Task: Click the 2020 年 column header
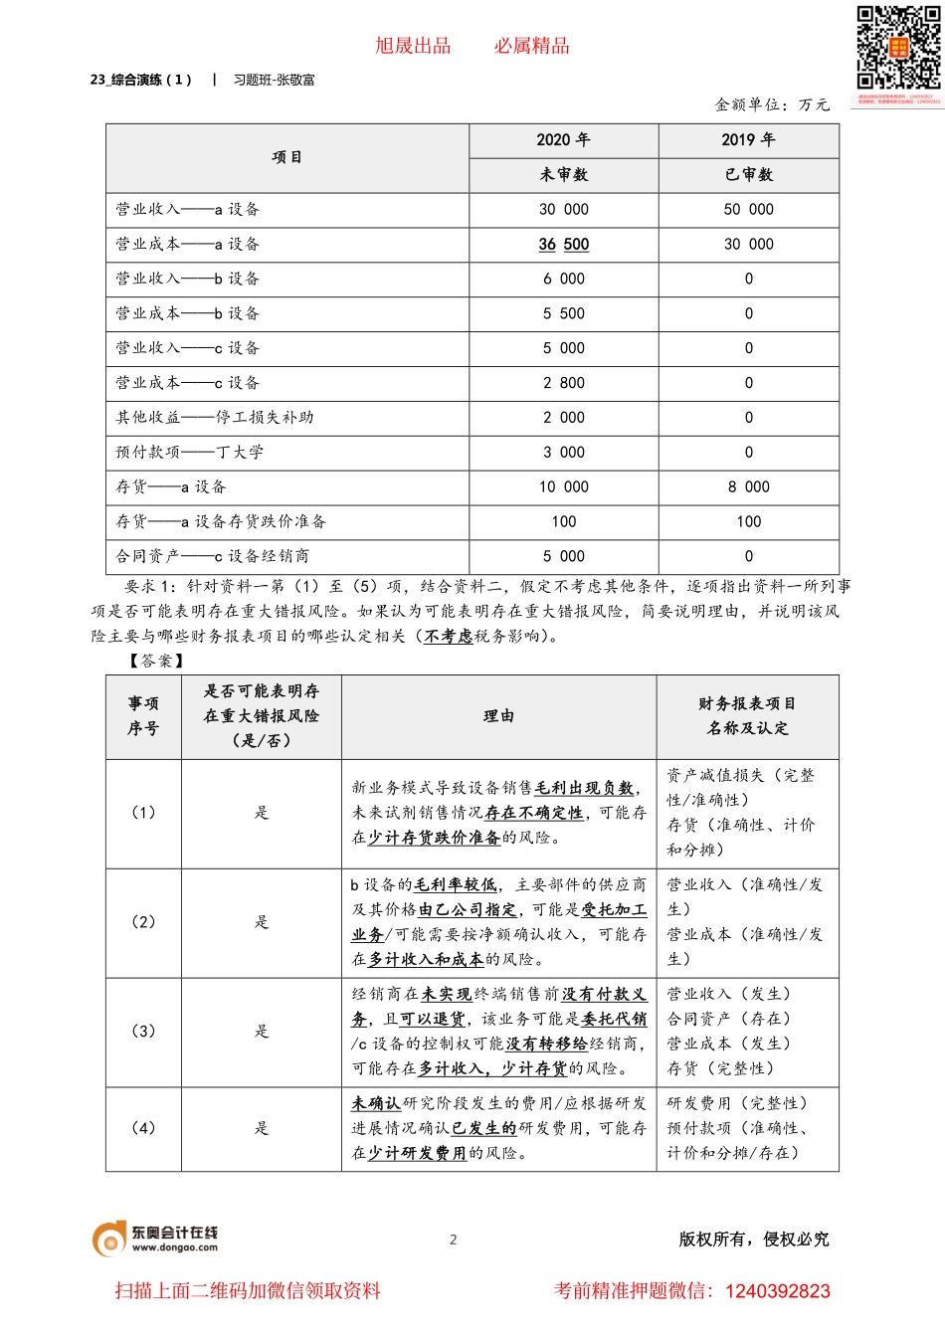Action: point(563,140)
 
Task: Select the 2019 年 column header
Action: point(748,140)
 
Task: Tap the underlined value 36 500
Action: point(563,245)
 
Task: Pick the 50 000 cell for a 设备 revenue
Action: point(748,210)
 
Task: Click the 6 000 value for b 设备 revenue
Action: point(563,280)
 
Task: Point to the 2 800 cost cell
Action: point(563,383)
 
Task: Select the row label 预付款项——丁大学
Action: point(189,453)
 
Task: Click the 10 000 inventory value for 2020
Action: point(563,487)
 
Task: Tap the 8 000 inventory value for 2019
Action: point(748,487)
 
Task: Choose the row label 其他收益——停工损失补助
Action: point(214,418)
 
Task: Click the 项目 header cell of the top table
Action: point(286,157)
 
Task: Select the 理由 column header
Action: point(498,716)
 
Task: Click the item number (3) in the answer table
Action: point(143,1032)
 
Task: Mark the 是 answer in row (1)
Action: point(261,813)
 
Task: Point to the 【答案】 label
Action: point(156,661)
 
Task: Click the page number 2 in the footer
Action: point(454,1240)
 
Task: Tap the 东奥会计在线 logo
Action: point(155,1239)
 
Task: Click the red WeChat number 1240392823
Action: point(777,1291)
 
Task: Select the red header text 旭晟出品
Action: point(413,46)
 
